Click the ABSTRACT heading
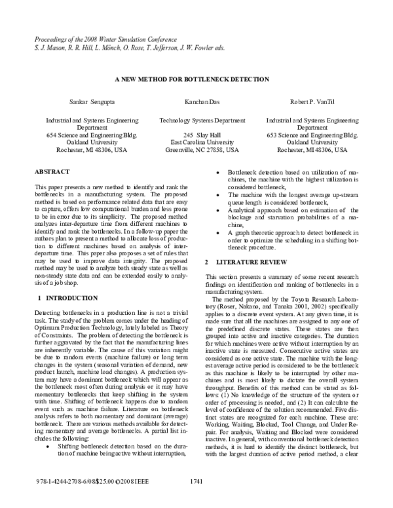point(52,172)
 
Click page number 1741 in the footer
point(195,499)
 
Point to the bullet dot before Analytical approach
point(218,210)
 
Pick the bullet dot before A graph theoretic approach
point(218,232)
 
